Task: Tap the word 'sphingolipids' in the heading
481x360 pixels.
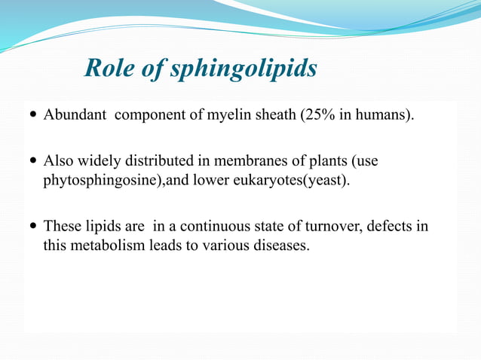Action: pos(244,70)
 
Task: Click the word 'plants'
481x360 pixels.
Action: pos(330,161)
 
